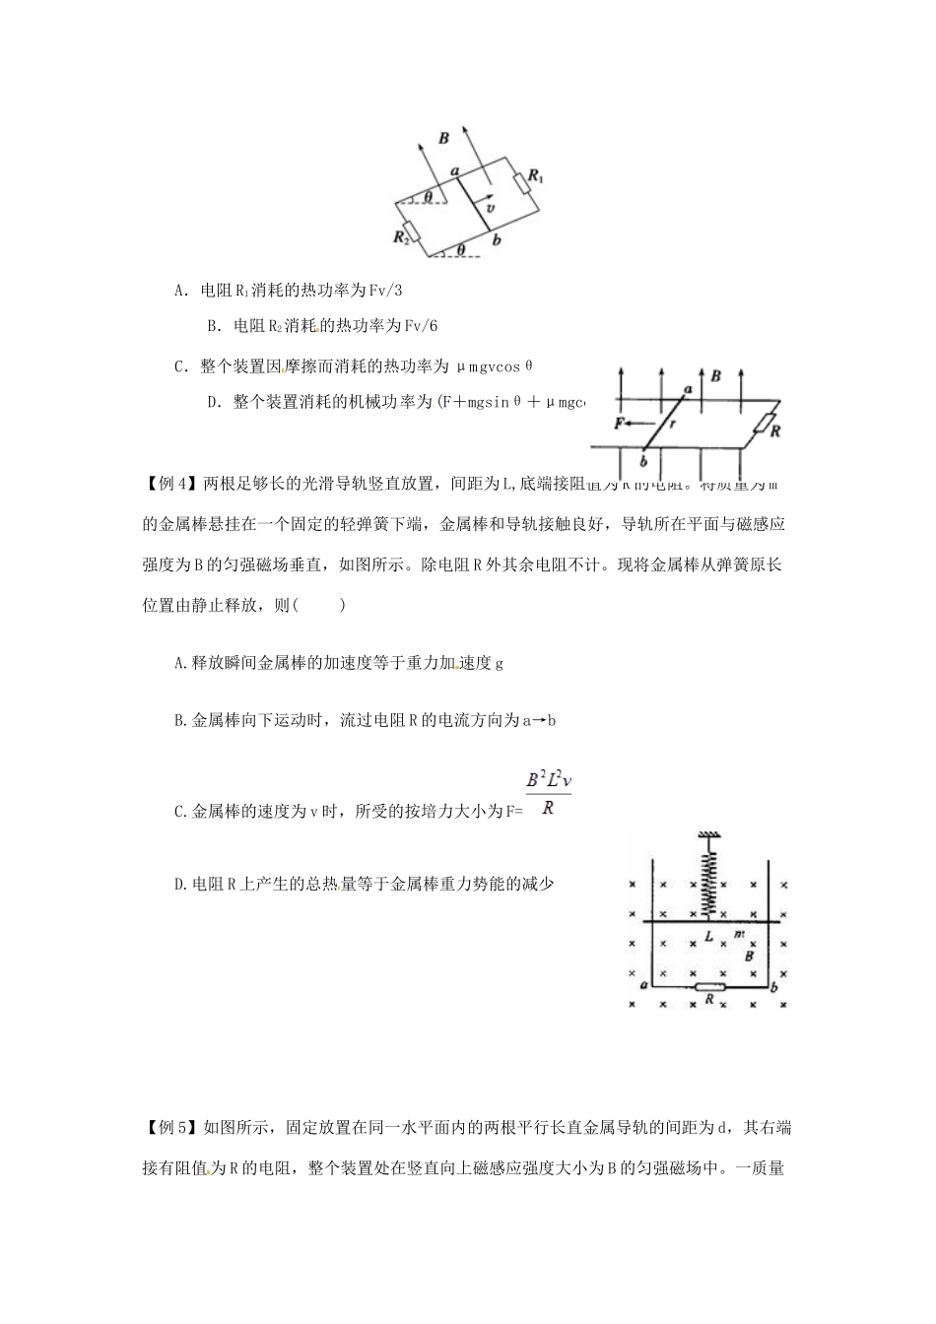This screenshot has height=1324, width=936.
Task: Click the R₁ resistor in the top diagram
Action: tap(521, 184)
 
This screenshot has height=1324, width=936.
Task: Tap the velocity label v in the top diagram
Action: tap(490, 209)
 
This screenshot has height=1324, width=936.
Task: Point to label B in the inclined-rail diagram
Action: tap(444, 138)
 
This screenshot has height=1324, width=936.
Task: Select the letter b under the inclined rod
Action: tap(496, 239)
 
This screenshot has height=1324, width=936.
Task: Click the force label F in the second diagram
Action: tap(620, 423)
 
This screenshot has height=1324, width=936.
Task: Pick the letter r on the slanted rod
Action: tap(673, 425)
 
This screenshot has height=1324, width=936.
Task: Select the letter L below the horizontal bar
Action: tap(708, 937)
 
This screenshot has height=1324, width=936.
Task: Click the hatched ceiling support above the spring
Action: tap(706, 836)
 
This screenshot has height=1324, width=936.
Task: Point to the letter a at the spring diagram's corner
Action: tap(643, 984)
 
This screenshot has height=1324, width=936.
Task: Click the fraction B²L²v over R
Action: tap(549, 793)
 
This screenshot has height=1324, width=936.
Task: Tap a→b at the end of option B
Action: tap(538, 720)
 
